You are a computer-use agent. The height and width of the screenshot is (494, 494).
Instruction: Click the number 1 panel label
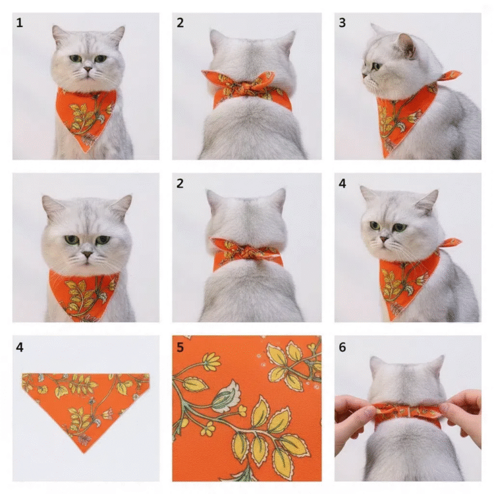point(19,23)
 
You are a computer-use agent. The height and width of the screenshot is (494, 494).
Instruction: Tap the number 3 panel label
point(342,23)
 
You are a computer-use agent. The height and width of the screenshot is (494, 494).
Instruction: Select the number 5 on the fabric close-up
point(180,347)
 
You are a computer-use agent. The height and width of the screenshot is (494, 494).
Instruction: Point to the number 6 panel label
point(342,347)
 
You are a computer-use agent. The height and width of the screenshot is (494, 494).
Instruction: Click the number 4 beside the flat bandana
point(19,347)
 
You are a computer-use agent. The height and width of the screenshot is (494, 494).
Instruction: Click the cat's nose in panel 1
point(87,69)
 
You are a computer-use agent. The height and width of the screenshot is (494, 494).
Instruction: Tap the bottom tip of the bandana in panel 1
point(85,152)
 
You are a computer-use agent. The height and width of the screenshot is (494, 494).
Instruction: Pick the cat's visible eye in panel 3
point(376,66)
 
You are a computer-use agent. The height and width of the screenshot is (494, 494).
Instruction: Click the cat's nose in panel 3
point(364,76)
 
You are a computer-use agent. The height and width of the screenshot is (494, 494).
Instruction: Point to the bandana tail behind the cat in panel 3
point(449,77)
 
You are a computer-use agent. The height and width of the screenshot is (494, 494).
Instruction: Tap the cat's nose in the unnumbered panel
point(87,254)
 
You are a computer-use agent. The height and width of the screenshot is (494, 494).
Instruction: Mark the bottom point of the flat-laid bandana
point(84,452)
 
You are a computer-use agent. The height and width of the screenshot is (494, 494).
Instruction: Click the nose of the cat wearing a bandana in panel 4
point(384,239)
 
